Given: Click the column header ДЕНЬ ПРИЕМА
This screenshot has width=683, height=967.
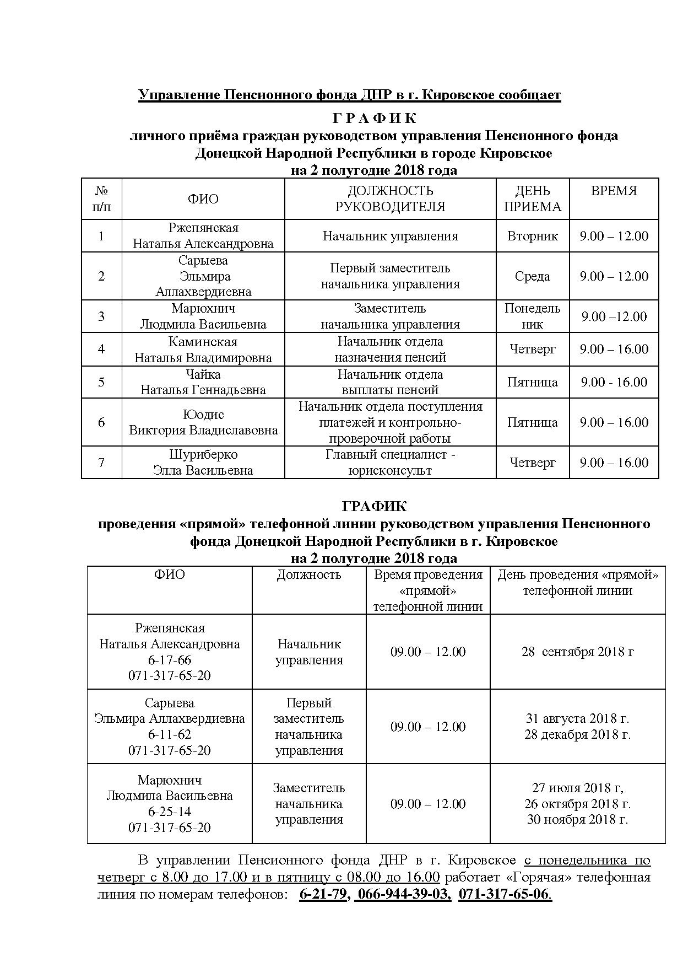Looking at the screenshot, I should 532,198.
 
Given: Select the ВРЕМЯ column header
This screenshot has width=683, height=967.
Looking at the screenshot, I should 614,191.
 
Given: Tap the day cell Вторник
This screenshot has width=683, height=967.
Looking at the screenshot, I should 532,236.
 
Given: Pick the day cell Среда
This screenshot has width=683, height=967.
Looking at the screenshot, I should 532,276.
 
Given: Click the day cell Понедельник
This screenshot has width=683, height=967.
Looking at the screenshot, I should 532,316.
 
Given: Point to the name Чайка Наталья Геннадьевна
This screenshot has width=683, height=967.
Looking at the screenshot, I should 203,382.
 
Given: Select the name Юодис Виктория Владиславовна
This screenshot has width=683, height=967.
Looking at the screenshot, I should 203,422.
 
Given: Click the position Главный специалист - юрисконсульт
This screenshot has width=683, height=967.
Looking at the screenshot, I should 390,463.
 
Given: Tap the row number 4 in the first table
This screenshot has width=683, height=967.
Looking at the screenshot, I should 101,349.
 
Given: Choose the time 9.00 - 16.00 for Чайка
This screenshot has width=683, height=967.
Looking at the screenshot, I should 614,382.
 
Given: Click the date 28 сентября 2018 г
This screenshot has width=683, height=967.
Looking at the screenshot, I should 577,652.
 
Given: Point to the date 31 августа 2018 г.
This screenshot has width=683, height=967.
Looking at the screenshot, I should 577,718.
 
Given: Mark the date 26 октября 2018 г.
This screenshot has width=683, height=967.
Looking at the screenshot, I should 577,803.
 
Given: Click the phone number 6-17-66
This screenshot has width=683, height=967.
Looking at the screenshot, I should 170,660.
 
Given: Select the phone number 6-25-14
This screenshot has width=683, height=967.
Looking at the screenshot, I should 170,812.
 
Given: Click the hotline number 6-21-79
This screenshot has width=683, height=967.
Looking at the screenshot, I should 323,894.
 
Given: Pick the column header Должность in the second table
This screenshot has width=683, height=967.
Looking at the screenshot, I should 308,575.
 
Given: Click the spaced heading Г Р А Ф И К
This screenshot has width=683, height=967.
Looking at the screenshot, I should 374,119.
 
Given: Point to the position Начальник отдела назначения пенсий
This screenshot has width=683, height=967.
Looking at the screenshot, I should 390,349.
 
